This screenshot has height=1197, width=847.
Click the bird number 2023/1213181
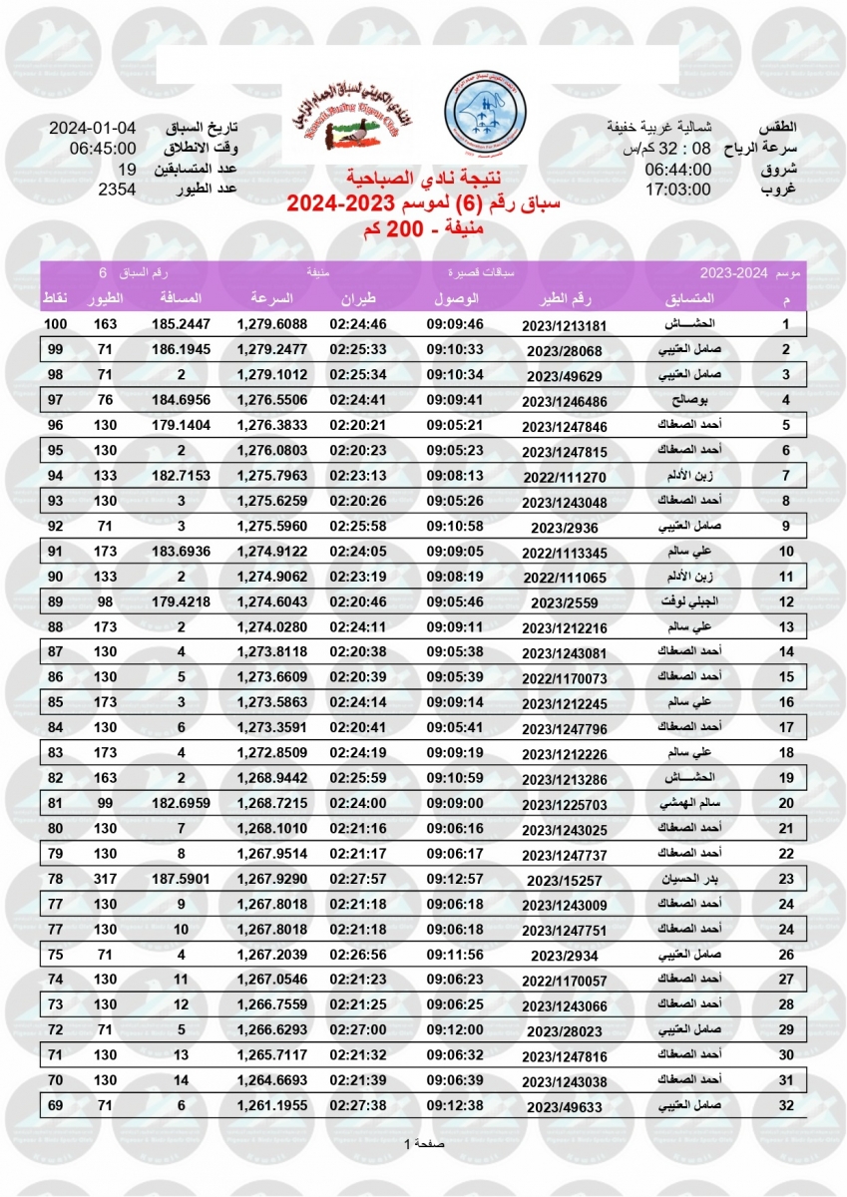[x=564, y=325]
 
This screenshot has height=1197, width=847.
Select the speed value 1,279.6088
[x=271, y=324]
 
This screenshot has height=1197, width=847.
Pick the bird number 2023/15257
[x=564, y=880]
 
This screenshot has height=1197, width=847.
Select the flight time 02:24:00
[x=350, y=802]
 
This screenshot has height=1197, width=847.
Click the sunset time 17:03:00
[x=677, y=189]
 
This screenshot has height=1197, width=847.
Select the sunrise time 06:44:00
[x=677, y=169]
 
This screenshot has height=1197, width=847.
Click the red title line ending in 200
[x=423, y=227]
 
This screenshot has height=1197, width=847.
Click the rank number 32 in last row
[x=785, y=1104]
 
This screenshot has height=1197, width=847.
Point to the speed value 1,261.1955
[x=271, y=1104]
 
